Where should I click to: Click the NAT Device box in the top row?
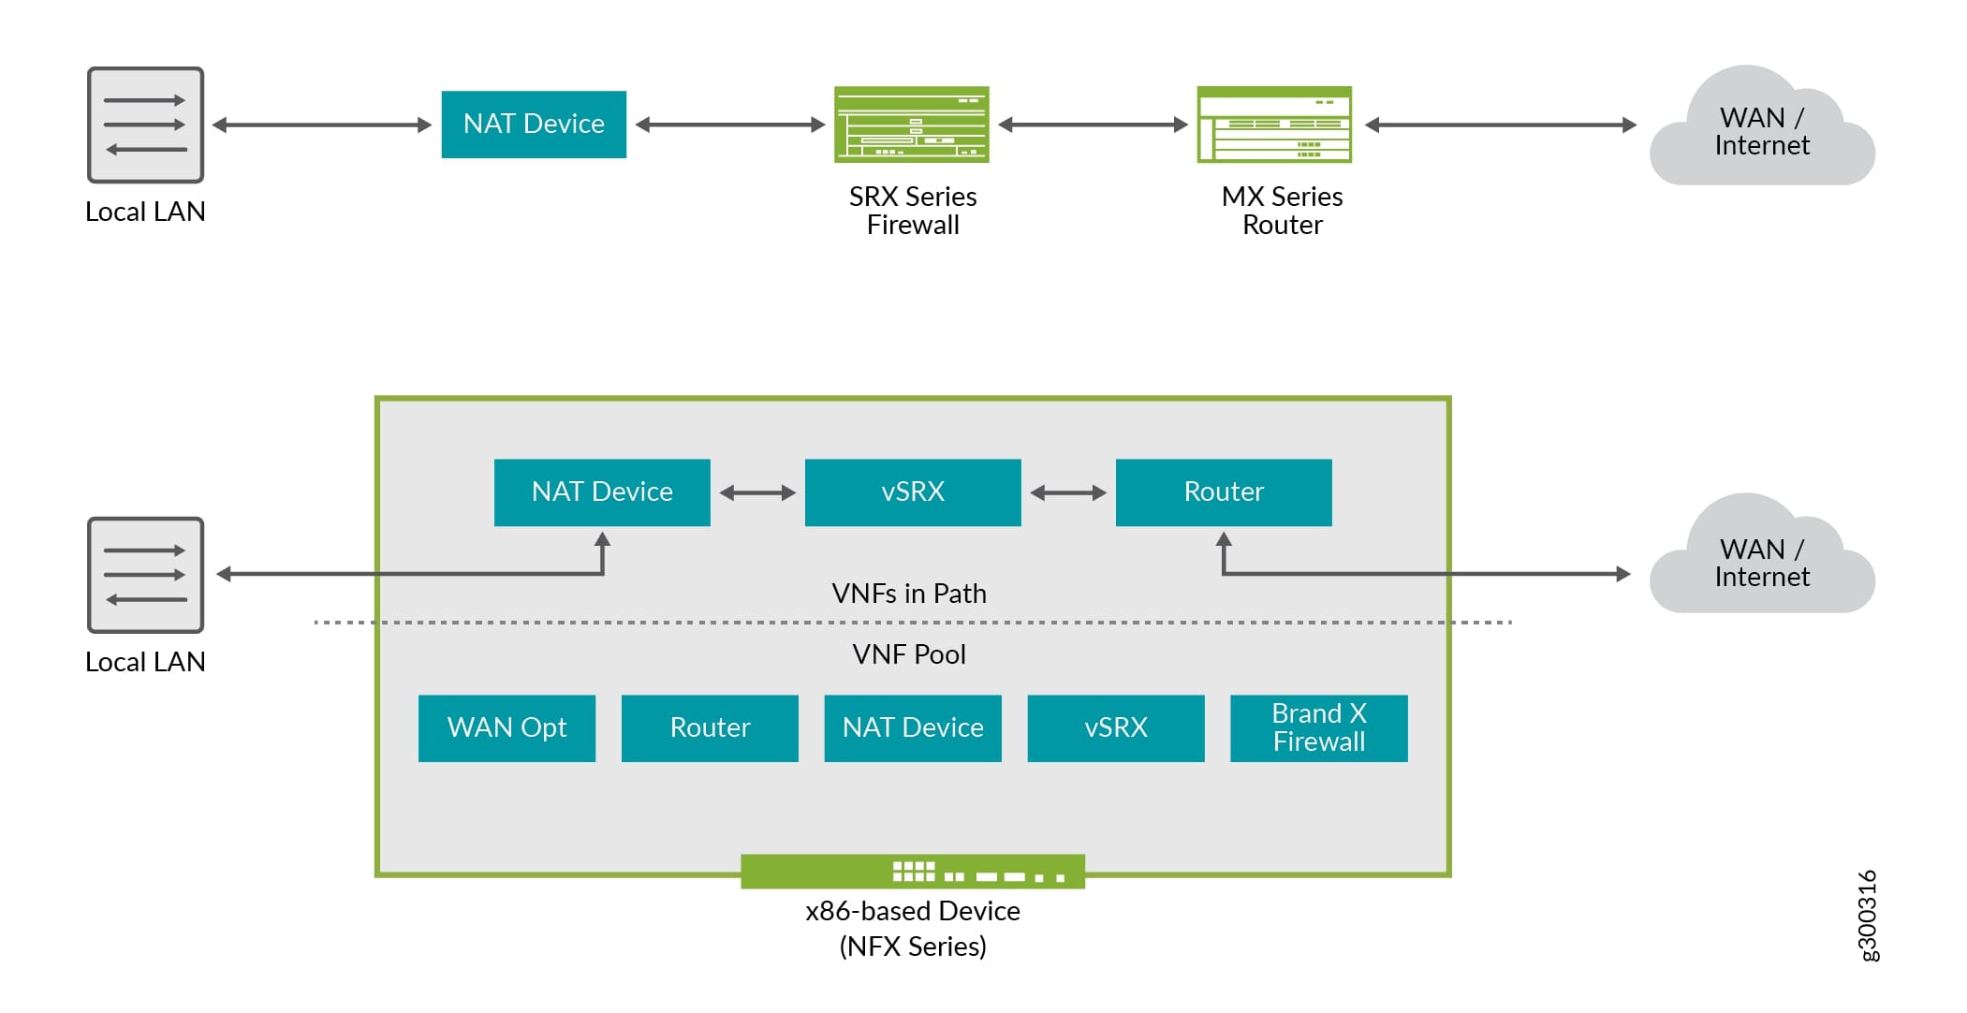click(534, 125)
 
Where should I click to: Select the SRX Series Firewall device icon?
click(911, 125)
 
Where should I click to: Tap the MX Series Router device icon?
click(1274, 125)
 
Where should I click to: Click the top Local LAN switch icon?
click(145, 125)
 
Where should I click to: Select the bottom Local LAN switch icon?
click(145, 575)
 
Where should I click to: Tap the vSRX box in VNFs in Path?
click(913, 492)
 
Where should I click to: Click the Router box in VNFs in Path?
click(1224, 492)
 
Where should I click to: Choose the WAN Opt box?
click(506, 728)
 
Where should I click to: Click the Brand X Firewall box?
click(1318, 728)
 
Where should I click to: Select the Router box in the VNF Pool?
click(710, 728)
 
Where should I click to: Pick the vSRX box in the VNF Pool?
click(1115, 728)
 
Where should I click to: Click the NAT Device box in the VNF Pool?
click(913, 728)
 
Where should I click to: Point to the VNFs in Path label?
click(909, 594)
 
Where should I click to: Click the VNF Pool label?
click(909, 654)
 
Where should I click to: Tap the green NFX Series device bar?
click(913, 872)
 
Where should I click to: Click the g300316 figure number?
click(1867, 915)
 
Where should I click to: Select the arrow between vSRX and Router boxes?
click(1068, 492)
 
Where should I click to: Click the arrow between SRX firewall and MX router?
click(1093, 125)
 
